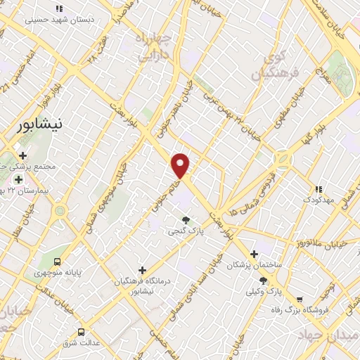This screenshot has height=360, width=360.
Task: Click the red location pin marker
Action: (x=181, y=165)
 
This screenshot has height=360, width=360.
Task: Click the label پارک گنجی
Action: (x=184, y=230)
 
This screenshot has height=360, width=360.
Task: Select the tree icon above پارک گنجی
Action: (x=186, y=219)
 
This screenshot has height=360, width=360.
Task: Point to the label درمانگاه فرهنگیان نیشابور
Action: (x=143, y=285)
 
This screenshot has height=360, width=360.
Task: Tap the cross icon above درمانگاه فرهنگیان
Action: (x=142, y=270)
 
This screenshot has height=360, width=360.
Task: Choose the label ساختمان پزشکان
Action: (x=254, y=265)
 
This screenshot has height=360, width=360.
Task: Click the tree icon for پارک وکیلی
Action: (x=264, y=281)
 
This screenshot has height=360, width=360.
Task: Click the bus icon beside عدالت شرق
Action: (x=81, y=332)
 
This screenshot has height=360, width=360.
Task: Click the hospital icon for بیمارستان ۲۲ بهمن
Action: (x=18, y=179)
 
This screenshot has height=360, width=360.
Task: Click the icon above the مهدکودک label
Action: (x=318, y=188)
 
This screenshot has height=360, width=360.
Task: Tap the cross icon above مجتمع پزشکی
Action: (x=22, y=155)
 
